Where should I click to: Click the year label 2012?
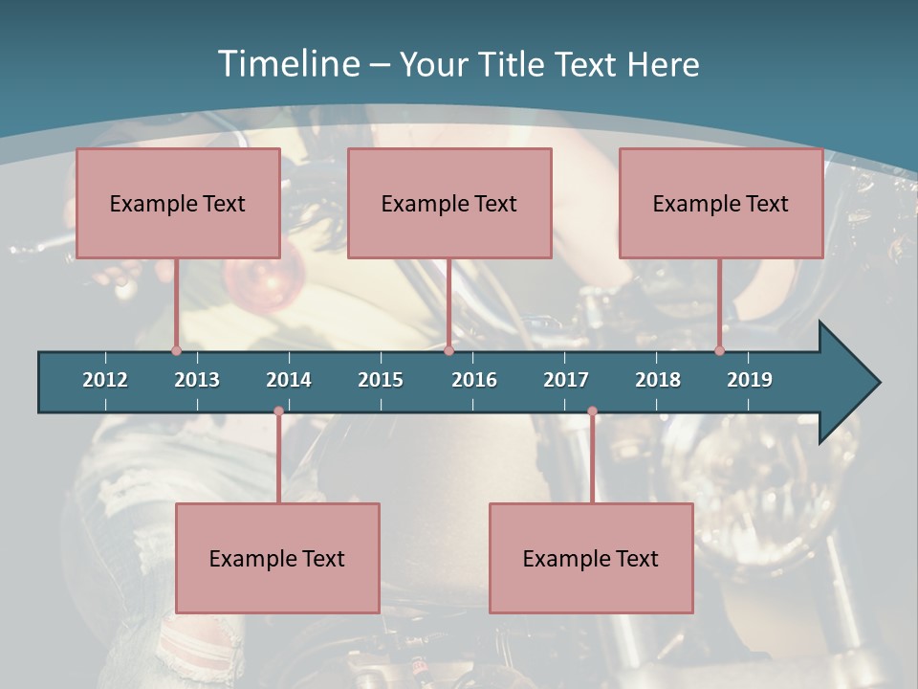[x=105, y=380]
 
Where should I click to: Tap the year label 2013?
[x=197, y=380]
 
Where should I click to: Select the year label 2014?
[x=289, y=380]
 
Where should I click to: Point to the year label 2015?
[x=381, y=380]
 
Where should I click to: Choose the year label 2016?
[x=474, y=380]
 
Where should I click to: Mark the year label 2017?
[x=566, y=380]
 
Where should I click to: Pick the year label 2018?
[x=658, y=380]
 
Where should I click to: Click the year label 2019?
[x=750, y=380]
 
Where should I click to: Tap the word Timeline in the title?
[x=288, y=64]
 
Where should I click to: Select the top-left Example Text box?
[x=178, y=203]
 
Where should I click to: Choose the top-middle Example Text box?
[x=449, y=203]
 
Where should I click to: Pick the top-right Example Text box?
[x=721, y=203]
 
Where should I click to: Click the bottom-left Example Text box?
[x=277, y=558]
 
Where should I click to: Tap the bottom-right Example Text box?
[x=591, y=558]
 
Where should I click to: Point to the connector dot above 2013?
[x=176, y=350]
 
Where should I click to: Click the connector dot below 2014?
[x=278, y=411]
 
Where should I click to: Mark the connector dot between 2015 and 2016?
[x=448, y=350]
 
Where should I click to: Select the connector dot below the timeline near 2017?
[x=592, y=411]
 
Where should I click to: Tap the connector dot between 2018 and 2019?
[x=719, y=350]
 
